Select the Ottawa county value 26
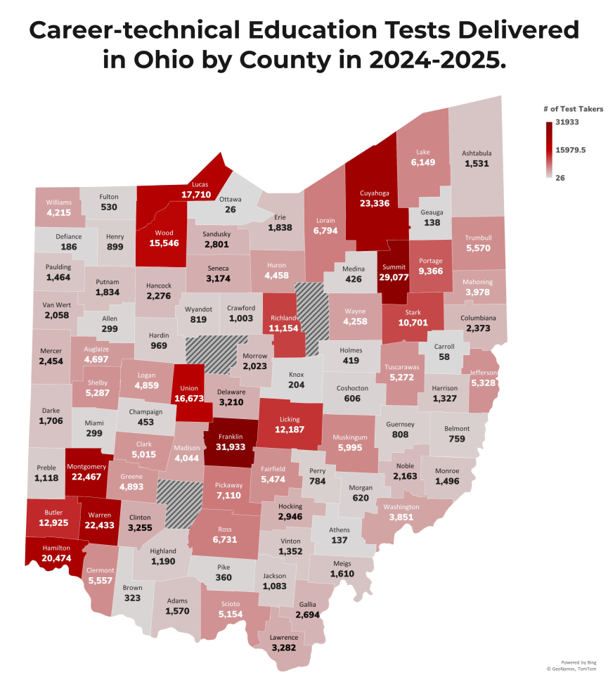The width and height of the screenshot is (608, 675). coord(230,210)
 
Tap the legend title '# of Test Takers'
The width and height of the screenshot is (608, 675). coord(573,109)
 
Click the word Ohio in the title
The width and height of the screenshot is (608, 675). coord(162,59)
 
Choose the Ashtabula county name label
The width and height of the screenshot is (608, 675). coord(477,153)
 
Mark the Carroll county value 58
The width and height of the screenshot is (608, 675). coord(444,356)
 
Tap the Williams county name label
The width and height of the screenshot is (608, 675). coord(59,202)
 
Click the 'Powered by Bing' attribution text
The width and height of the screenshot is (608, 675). coord(578,662)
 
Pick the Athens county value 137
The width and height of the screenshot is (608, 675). coord(340,541)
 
